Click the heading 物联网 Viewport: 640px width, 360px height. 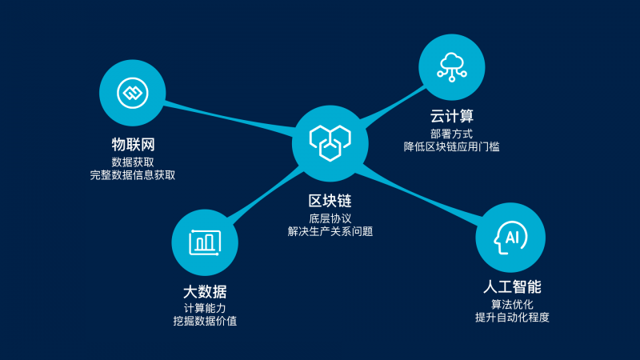point(133,145)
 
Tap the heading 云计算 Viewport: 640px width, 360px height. point(452,116)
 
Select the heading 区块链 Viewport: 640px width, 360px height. point(330,201)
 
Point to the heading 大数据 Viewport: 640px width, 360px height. point(205,292)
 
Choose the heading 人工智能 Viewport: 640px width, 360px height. point(512,287)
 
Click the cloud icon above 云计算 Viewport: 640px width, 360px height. point(452,67)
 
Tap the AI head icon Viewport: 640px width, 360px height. point(510,238)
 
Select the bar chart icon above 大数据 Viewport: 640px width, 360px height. point(205,243)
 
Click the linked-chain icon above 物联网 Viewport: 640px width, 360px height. point(133,93)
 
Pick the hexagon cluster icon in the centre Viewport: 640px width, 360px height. point(330,143)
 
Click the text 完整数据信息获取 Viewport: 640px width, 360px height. point(133,175)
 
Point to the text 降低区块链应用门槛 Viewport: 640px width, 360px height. point(452,147)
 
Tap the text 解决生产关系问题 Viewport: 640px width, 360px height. point(330,231)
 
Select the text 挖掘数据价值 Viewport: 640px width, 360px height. point(205,321)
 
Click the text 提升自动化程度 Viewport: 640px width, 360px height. point(512,317)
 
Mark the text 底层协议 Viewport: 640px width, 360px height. point(330,218)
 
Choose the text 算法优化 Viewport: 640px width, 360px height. point(512,304)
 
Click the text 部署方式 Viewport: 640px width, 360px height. point(452,134)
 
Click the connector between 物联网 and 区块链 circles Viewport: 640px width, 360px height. point(230,118)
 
